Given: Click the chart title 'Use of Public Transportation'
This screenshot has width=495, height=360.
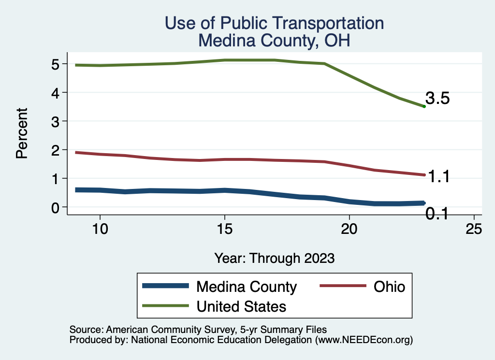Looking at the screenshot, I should click(x=274, y=23).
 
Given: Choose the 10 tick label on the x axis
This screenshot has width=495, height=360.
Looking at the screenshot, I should click(x=100, y=229).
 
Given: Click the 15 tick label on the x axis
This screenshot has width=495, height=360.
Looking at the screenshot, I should click(x=224, y=229).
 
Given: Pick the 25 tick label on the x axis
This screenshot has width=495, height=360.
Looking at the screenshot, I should click(x=474, y=229).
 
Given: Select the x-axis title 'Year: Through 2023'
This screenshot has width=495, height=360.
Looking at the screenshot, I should click(x=274, y=258).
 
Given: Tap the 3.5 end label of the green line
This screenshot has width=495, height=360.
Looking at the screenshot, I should click(x=438, y=99).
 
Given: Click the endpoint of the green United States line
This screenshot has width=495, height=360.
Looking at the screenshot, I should click(x=424, y=106).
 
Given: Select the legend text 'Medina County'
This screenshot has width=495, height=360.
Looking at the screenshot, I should click(x=246, y=287).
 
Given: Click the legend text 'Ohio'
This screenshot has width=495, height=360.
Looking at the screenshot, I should click(x=389, y=287).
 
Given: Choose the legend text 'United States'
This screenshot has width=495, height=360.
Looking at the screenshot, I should click(x=241, y=306).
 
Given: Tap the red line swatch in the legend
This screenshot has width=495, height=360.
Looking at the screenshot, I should click(x=342, y=287).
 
